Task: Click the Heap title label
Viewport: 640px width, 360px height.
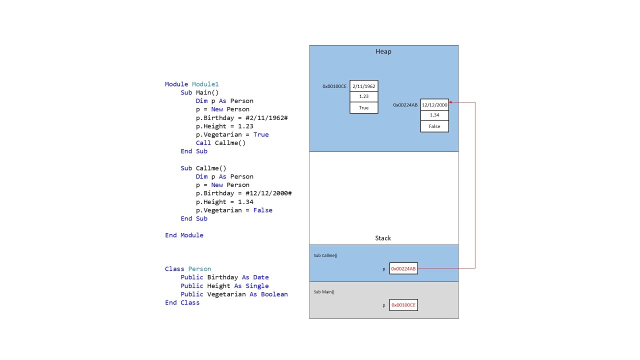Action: tap(383, 51)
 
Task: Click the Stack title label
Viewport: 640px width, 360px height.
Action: tap(383, 238)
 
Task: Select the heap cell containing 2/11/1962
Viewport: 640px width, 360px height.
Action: tap(363, 86)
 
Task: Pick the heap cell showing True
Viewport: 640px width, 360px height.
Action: tap(363, 107)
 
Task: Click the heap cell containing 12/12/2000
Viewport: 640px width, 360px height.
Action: tap(434, 105)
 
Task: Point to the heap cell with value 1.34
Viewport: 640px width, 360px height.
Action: tap(434, 115)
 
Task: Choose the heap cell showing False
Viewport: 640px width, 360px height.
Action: tap(434, 126)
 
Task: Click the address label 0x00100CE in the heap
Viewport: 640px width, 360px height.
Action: tap(334, 86)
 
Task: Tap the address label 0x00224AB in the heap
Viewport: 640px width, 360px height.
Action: tap(405, 105)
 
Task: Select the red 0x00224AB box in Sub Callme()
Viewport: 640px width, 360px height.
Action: tap(403, 268)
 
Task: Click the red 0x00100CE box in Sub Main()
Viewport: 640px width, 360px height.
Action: tap(403, 305)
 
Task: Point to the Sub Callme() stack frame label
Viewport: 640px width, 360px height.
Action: tap(325, 255)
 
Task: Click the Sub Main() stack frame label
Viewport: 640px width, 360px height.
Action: tap(324, 291)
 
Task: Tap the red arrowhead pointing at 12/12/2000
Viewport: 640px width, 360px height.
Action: tap(451, 102)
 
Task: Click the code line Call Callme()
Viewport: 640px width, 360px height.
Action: tap(220, 143)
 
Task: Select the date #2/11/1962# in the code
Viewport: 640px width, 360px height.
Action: tap(266, 117)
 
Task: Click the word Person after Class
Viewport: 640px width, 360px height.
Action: tap(199, 269)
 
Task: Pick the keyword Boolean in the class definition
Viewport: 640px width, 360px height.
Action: tap(274, 294)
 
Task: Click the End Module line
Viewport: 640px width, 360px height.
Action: tap(184, 235)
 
